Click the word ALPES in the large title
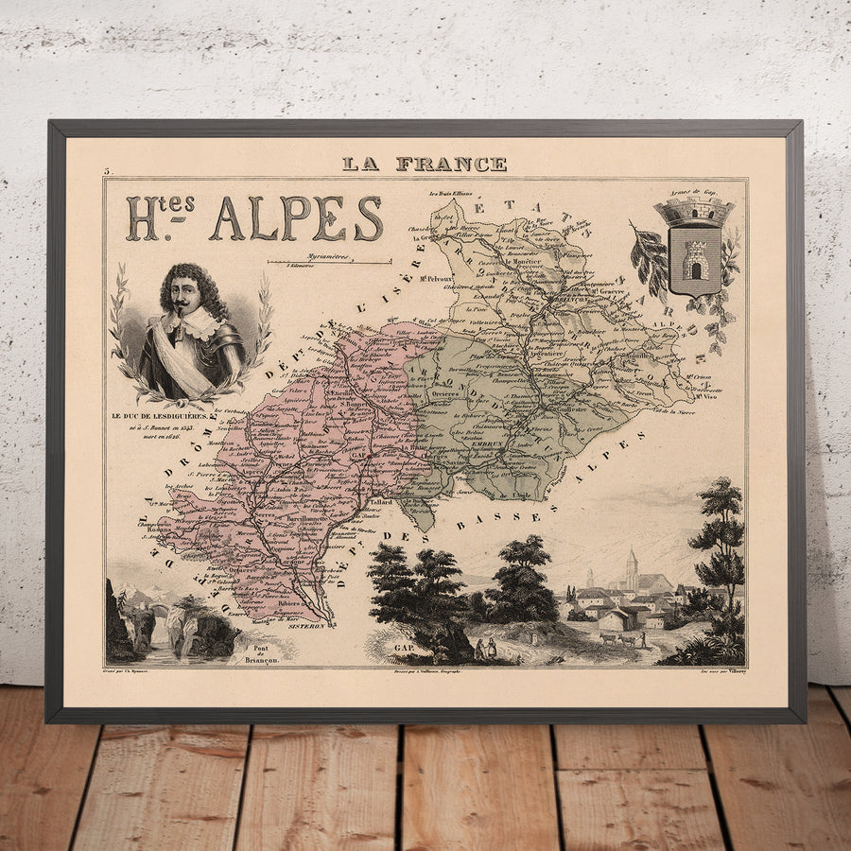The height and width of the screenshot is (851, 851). click(x=296, y=219)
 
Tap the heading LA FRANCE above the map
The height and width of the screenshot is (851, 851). click(x=425, y=164)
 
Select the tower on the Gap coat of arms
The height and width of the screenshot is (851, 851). click(x=695, y=257)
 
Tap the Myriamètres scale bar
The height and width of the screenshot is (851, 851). click(x=329, y=262)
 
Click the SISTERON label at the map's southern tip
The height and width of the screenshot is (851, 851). click(x=306, y=625)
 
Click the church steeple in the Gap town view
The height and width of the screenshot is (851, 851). click(x=631, y=565)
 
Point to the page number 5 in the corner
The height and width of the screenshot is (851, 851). click(x=108, y=171)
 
